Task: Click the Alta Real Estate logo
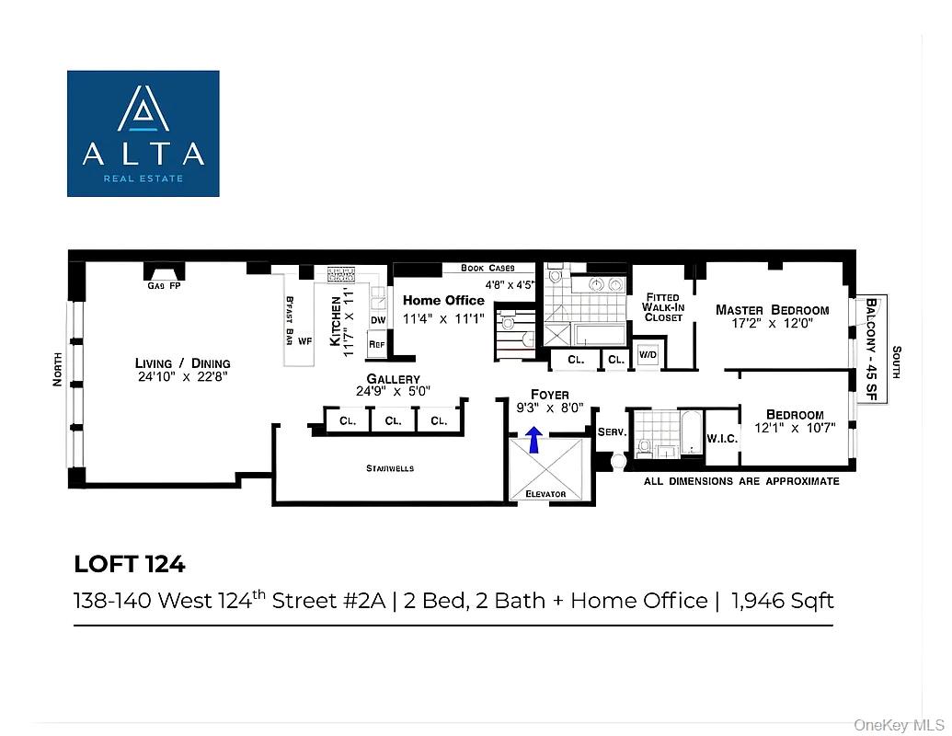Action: (143, 132)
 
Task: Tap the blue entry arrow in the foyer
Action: (533, 439)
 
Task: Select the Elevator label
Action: (546, 494)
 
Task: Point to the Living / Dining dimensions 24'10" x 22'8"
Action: (182, 375)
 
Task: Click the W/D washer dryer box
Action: (648, 355)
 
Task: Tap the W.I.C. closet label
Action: (722, 438)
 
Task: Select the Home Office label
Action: (443, 301)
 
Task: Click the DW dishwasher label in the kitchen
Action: (377, 319)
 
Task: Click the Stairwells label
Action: (390, 468)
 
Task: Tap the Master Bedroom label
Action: (772, 310)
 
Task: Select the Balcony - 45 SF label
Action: (872, 350)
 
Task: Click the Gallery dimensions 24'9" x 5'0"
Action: (393, 391)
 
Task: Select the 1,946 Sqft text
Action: (783, 601)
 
